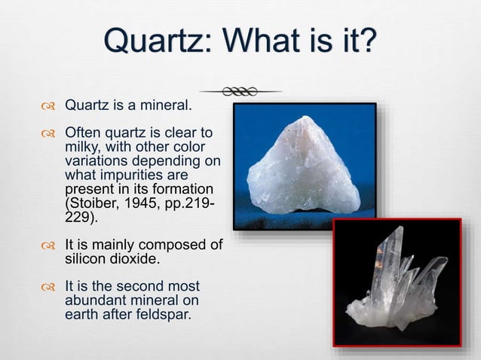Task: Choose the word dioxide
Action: pos(133,258)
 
